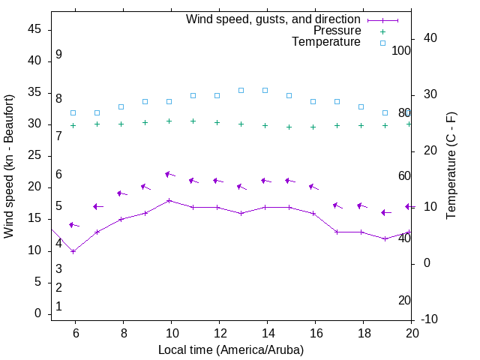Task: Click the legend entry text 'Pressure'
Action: [x=337, y=31]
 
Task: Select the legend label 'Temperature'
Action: [x=326, y=42]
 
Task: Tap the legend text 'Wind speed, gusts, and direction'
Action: [x=274, y=19]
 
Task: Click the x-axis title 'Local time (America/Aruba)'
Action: [x=231, y=349]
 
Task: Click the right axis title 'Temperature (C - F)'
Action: [x=451, y=166]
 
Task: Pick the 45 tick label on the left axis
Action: [x=34, y=29]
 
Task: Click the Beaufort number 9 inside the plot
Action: [x=58, y=55]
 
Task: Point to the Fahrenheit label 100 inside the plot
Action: [x=401, y=50]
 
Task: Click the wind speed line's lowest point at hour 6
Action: [x=73, y=251]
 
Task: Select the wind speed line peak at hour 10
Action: [x=169, y=200]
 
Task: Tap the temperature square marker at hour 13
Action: [x=241, y=90]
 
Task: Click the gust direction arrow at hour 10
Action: [x=169, y=174]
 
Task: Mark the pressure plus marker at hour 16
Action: [x=313, y=127]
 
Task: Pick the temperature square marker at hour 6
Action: [x=73, y=112]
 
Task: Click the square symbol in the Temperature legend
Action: [x=382, y=43]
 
